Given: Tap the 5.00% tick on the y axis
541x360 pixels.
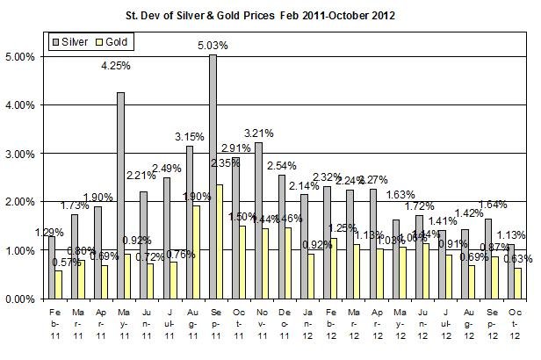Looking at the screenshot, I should coord(21,56).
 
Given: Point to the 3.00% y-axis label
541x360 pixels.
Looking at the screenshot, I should coord(21,154).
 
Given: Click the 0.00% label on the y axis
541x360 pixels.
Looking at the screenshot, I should coord(21,299).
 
